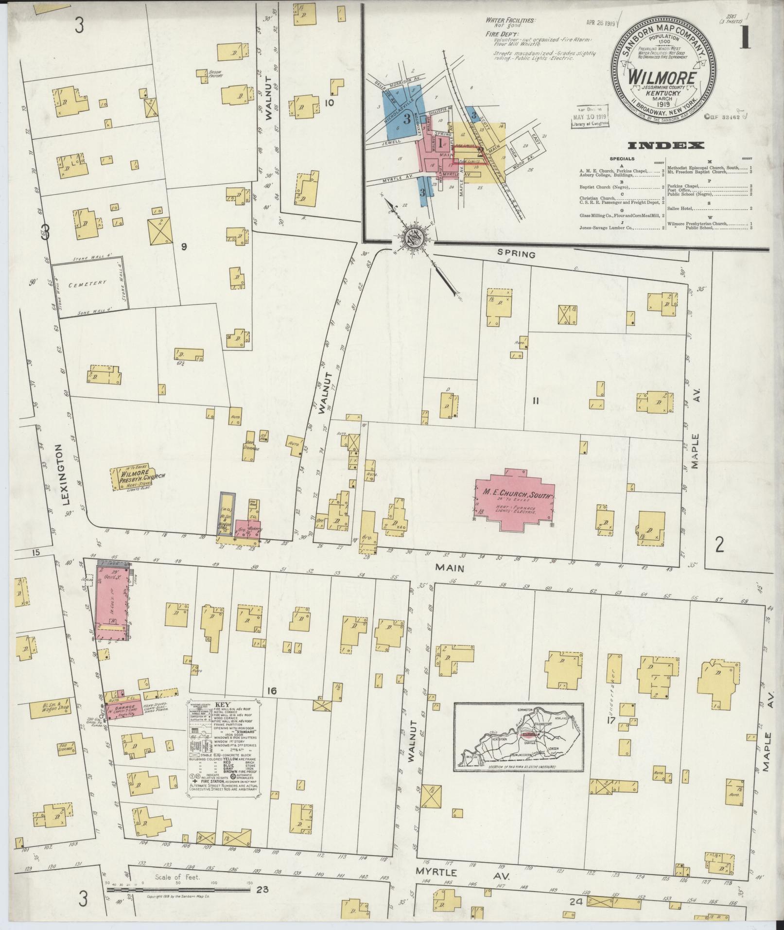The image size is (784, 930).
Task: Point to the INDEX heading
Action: tap(665, 145)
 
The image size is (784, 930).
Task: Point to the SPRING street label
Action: tap(516, 254)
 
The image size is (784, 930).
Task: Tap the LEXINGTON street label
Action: tap(69, 476)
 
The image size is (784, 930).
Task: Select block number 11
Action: tap(536, 401)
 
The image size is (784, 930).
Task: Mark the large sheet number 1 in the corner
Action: tap(745, 39)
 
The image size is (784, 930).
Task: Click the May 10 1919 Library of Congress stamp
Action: tap(589, 116)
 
